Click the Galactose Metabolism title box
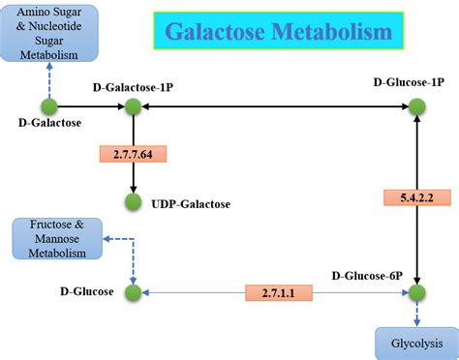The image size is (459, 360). tap(278, 31)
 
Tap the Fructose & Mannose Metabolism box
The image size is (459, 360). tap(56, 239)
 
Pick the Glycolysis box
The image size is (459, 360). tap(414, 343)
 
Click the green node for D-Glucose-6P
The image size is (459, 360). tap(416, 291)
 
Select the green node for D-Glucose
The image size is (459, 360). tap(133, 291)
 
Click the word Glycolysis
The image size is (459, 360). tap(414, 343)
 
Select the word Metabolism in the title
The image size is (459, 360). tap(333, 32)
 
